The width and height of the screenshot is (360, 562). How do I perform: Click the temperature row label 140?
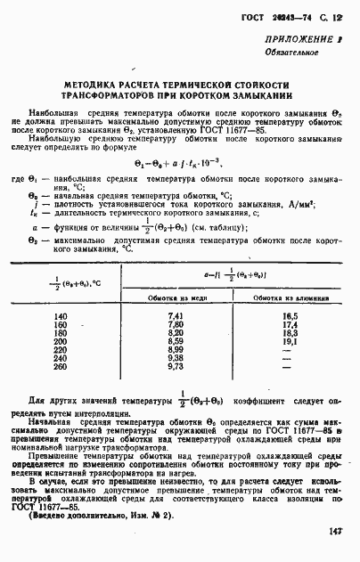(61, 317)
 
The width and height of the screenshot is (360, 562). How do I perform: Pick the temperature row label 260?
(61, 366)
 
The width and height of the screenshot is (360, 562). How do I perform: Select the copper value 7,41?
(175, 317)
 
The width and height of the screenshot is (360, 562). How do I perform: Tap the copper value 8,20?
(175, 333)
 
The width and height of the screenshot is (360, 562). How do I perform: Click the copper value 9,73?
(175, 366)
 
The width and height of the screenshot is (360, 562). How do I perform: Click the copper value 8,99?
(175, 349)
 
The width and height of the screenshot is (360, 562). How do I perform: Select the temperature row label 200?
(61, 341)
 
